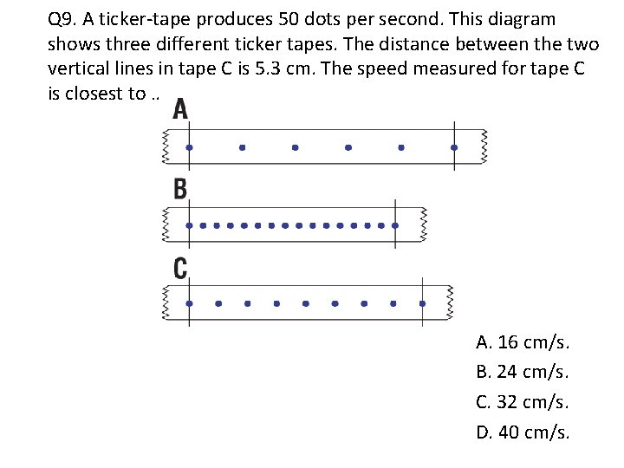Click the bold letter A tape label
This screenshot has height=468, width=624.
(x=181, y=109)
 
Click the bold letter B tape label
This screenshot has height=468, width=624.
(x=180, y=188)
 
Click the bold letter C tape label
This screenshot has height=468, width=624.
(x=180, y=268)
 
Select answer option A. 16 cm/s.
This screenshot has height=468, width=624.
(x=523, y=342)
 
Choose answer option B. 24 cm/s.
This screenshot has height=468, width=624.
(x=523, y=372)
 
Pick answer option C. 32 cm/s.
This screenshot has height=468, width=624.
(x=523, y=401)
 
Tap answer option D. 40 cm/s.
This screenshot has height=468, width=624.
(x=523, y=432)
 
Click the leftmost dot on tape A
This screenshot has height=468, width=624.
(x=189, y=148)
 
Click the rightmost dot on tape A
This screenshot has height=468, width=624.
(x=454, y=148)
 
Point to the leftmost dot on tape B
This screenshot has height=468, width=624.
(x=191, y=225)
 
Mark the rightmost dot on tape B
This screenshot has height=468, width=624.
(x=395, y=225)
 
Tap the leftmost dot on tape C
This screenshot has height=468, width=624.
(x=190, y=303)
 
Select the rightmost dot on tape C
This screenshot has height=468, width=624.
(x=422, y=303)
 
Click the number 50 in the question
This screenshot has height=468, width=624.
(x=309, y=19)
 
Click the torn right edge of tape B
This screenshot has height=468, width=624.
(x=424, y=224)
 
